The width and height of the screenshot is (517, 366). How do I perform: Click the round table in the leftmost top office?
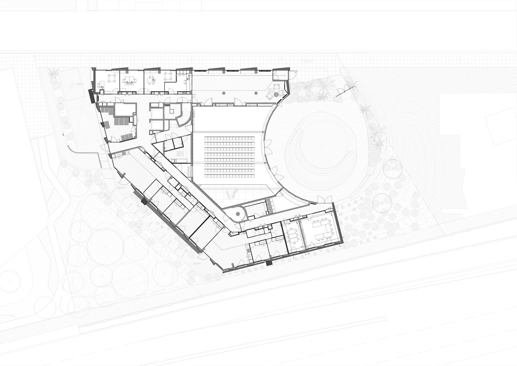[111, 78]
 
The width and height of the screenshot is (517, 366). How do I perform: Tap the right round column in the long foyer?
[256, 93]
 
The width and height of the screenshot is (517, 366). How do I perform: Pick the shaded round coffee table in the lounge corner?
[276, 94]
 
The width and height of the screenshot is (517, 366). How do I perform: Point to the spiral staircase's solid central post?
[237, 214]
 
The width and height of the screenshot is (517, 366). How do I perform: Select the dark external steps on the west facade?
[91, 96]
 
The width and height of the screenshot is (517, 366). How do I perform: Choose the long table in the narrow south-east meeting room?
[293, 235]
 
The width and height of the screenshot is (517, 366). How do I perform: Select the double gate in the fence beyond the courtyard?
[345, 91]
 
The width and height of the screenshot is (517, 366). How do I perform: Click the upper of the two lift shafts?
[156, 113]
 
